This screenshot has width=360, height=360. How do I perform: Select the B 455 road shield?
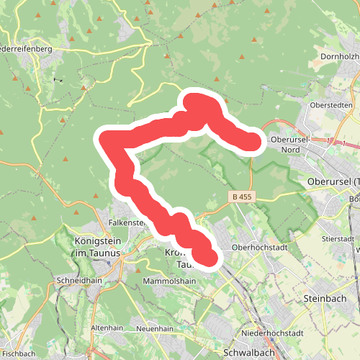click(x=242, y=197)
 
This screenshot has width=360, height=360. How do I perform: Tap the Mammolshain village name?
click(x=170, y=281)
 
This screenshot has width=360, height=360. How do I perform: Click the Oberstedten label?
click(x=330, y=105)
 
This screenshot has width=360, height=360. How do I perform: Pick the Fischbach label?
click(x=18, y=354)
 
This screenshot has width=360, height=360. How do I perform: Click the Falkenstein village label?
click(x=127, y=222)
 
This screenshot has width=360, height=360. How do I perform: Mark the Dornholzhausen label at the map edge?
click(x=339, y=55)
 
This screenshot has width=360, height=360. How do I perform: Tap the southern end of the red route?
click(x=207, y=257)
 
